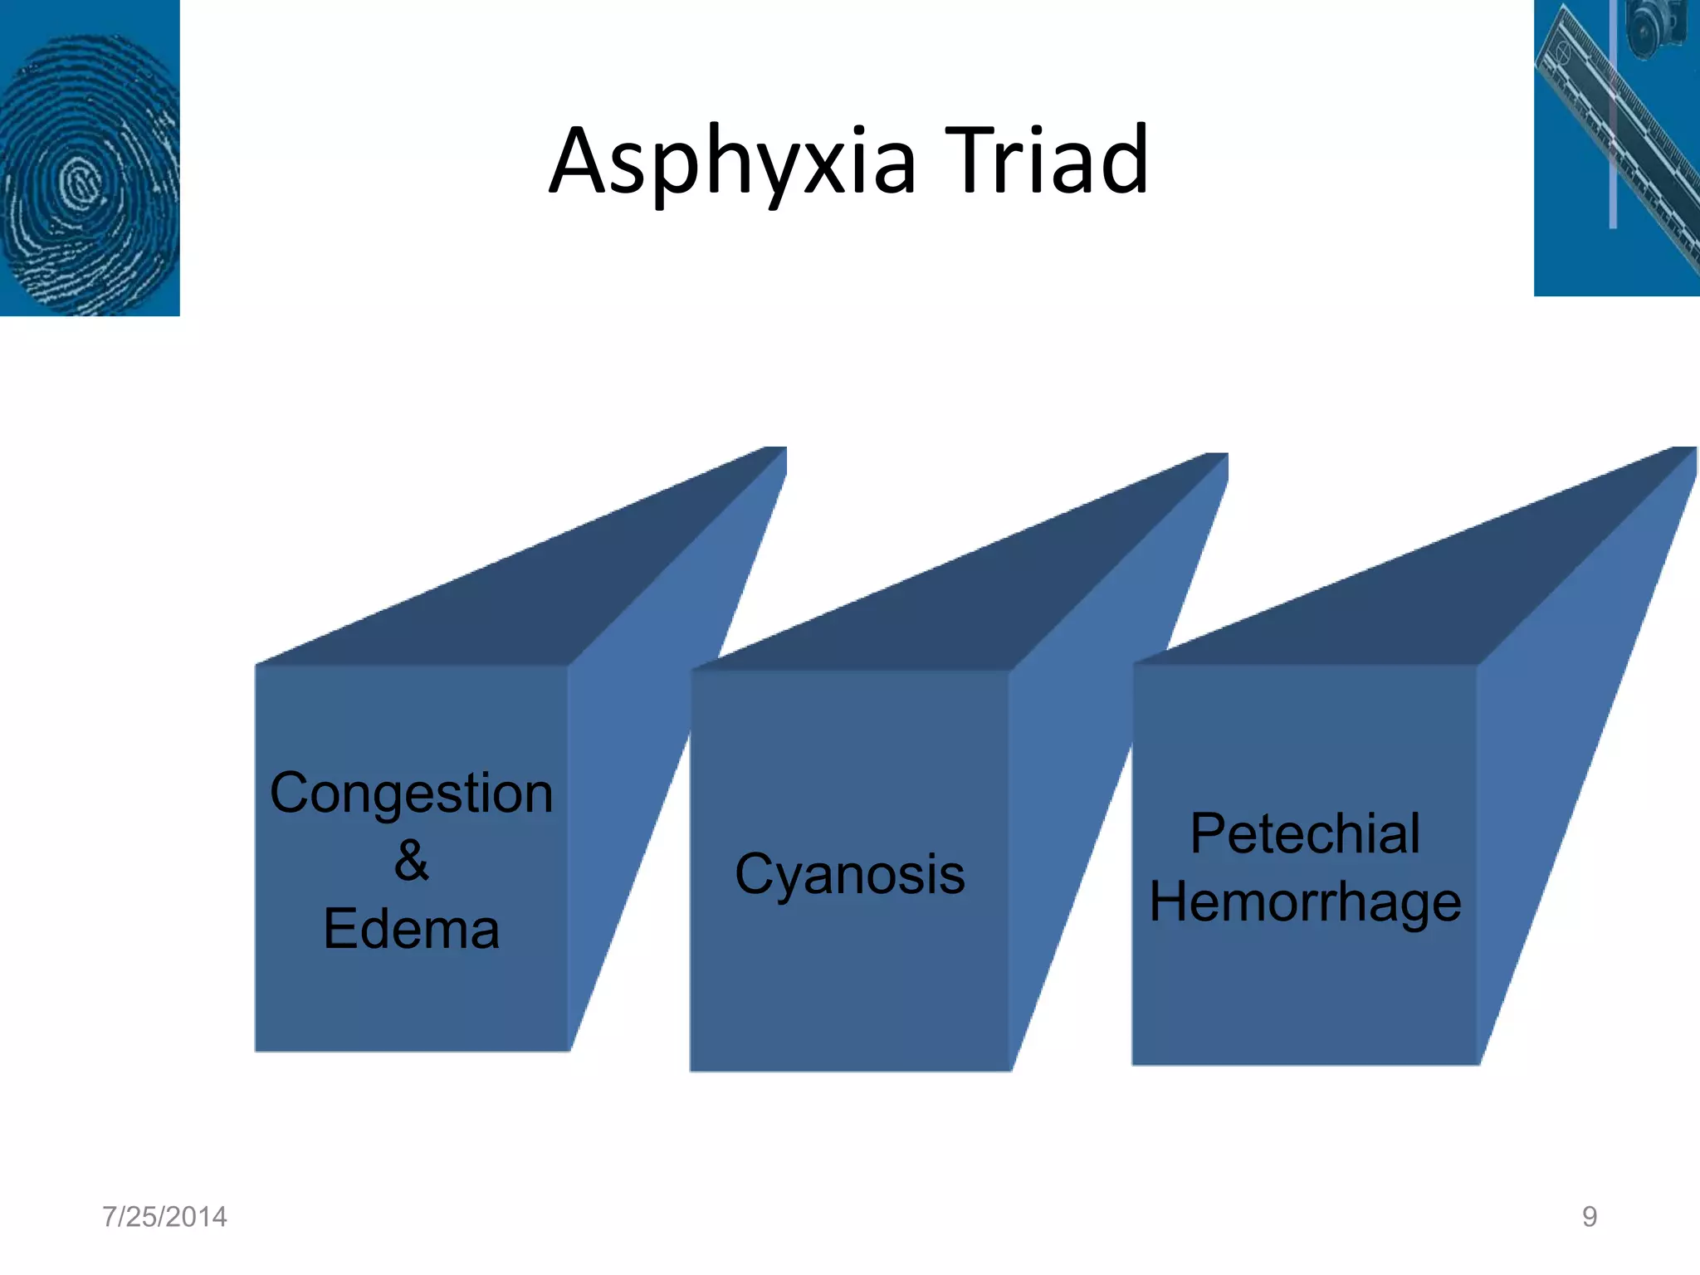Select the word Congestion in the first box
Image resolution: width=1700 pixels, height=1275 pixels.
(411, 793)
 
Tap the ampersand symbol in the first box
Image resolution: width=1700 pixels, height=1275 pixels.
(411, 860)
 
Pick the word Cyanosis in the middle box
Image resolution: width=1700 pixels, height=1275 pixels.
(850, 874)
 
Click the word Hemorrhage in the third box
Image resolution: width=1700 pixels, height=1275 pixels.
(1305, 901)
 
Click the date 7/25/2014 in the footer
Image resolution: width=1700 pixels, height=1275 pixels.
(164, 1217)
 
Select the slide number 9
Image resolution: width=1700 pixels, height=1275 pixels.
(1589, 1217)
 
